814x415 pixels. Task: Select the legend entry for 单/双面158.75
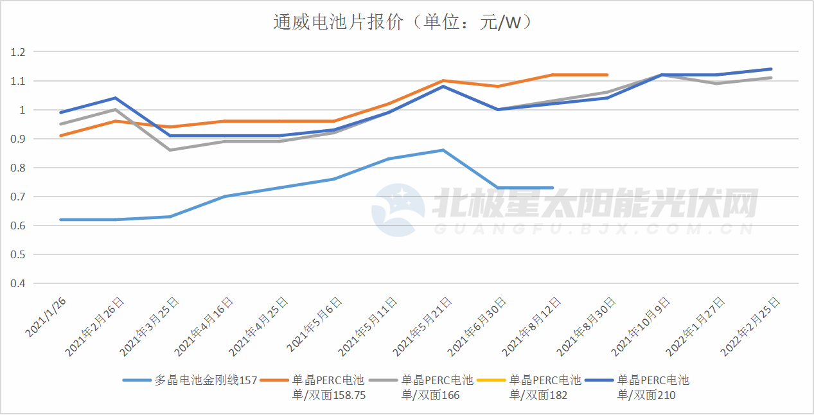click(x=328, y=387)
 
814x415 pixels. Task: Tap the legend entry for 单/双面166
click(x=437, y=387)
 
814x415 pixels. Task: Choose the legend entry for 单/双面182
click(x=545, y=387)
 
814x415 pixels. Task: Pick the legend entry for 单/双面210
click(x=653, y=387)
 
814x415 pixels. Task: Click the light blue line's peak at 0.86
click(x=443, y=150)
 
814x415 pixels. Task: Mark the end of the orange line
click(x=607, y=75)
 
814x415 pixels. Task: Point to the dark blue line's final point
click(x=771, y=69)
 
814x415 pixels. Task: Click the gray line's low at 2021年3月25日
click(x=170, y=150)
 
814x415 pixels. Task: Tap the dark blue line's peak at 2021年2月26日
click(x=115, y=98)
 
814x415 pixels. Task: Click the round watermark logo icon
click(x=398, y=211)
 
